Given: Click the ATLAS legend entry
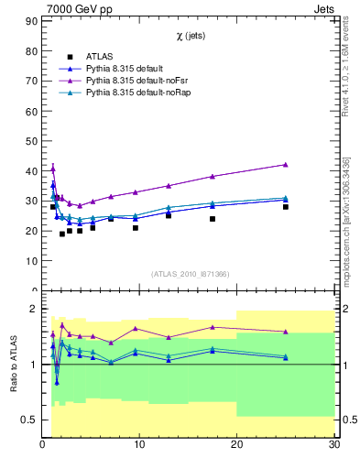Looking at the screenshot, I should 103,57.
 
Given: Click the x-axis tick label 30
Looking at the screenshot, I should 333,446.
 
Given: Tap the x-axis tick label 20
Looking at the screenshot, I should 236,446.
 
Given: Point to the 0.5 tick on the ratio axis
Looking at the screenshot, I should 30,420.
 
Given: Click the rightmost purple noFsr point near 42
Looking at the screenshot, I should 286,164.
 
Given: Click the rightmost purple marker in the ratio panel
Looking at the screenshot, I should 286,332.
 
